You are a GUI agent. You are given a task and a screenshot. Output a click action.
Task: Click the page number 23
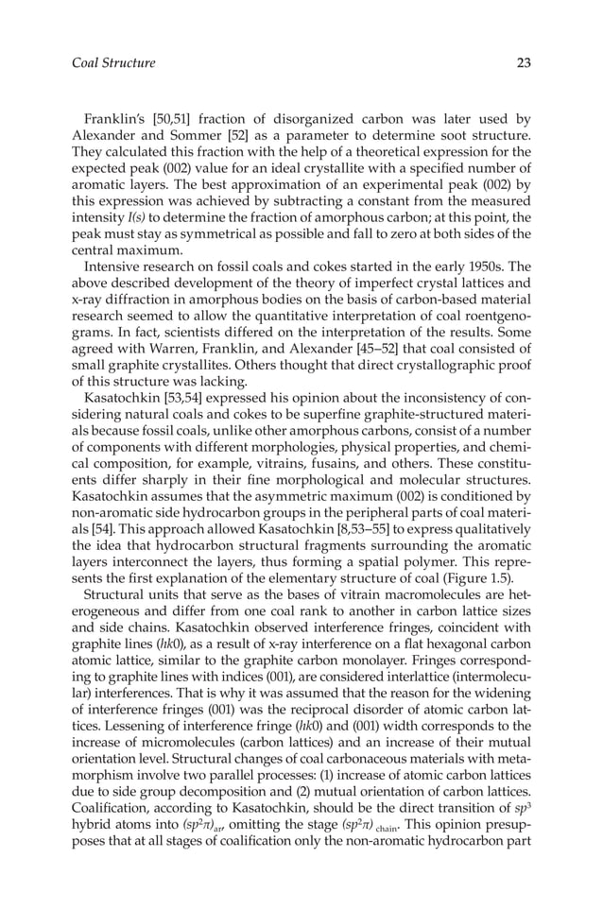524,63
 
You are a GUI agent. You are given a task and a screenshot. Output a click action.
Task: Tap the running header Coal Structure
113,63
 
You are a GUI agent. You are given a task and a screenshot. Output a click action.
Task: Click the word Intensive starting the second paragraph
114,269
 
